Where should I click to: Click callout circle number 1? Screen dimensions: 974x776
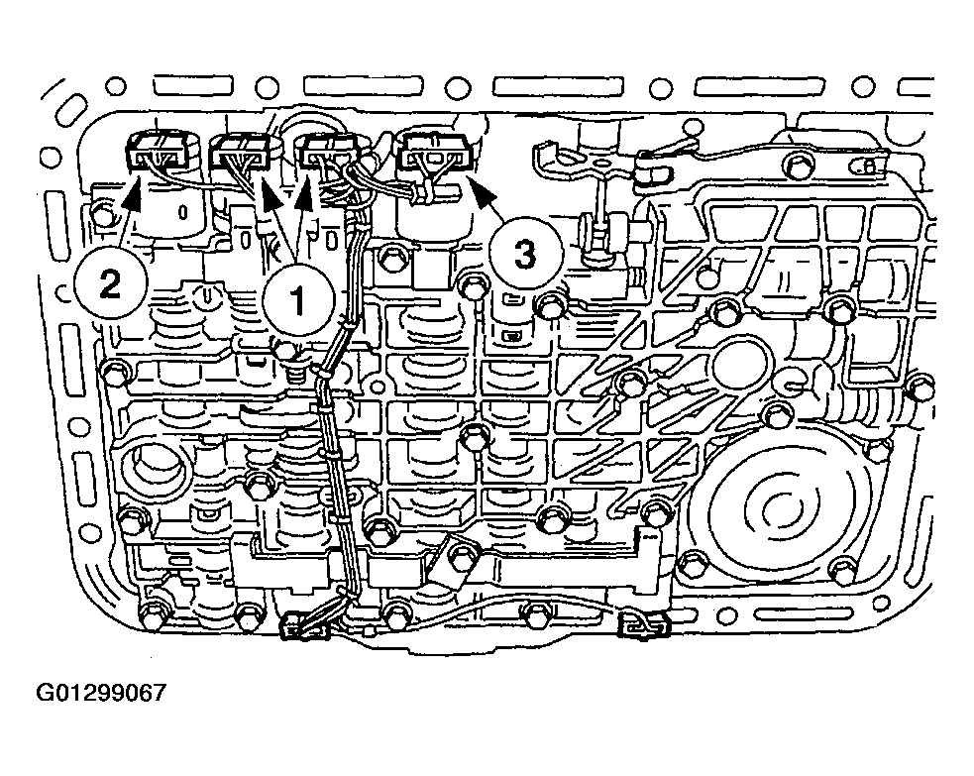click(x=299, y=300)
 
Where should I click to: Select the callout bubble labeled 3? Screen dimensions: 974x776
click(x=525, y=253)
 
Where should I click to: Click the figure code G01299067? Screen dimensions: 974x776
click(x=102, y=692)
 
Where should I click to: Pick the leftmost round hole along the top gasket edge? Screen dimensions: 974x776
click(x=116, y=86)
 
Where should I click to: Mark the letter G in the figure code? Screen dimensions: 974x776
click(x=45, y=692)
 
